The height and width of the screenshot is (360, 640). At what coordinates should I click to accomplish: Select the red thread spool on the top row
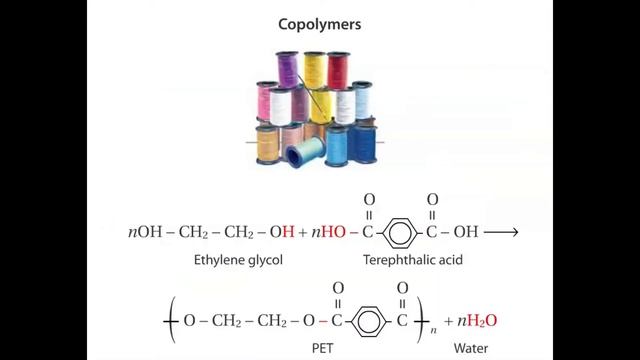point(339,69)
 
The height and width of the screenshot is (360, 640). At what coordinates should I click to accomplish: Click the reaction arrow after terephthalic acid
point(501,231)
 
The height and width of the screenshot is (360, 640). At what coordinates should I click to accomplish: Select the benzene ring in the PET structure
point(369,321)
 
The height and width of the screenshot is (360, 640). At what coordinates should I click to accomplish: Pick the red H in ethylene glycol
point(289,231)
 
